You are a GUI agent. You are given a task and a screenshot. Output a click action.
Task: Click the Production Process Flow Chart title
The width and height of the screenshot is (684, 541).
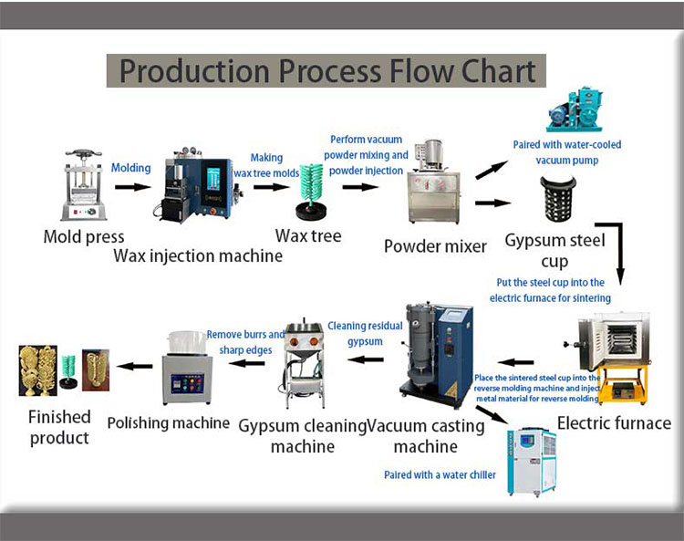(326, 71)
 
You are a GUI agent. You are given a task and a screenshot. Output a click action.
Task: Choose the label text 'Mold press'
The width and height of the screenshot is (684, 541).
(84, 237)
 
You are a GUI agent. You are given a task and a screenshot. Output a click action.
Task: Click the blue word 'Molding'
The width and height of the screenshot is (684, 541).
(131, 168)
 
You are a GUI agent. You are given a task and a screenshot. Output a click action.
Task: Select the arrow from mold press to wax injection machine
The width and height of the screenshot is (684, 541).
(133, 187)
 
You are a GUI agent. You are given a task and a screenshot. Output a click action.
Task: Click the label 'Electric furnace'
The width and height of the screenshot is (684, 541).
(614, 423)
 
